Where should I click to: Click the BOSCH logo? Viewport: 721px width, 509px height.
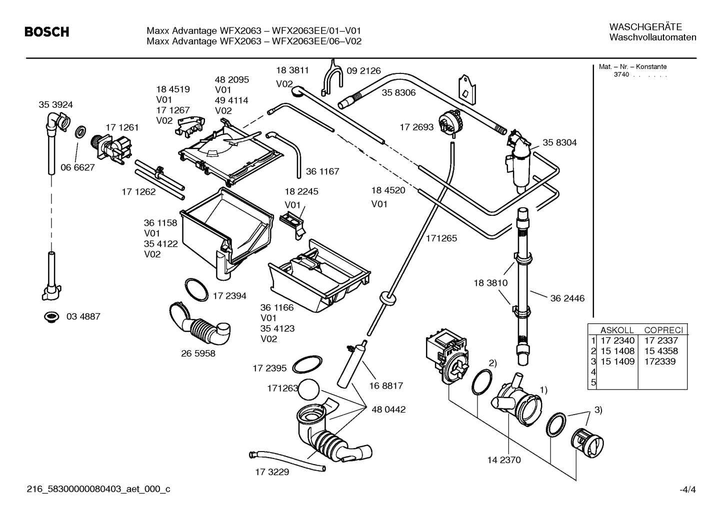[x=47, y=32]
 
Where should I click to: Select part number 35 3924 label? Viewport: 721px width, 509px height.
[x=55, y=104]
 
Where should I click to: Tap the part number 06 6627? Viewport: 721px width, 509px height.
[x=77, y=167]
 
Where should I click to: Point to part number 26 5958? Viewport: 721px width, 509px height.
[x=198, y=353]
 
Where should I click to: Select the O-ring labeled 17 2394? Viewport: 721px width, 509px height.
[x=196, y=289]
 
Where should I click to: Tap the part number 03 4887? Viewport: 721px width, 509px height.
[x=83, y=316]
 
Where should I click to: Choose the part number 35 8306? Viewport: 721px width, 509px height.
[x=398, y=92]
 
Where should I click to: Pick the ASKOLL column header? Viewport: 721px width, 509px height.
[x=616, y=330]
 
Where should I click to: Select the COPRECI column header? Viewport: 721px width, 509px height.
[x=663, y=330]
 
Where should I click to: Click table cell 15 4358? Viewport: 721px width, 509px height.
[x=661, y=351]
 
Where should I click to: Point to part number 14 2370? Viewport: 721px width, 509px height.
[x=503, y=460]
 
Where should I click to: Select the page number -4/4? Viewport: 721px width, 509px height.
[x=687, y=490]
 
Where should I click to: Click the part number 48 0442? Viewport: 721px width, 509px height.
[x=388, y=410]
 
